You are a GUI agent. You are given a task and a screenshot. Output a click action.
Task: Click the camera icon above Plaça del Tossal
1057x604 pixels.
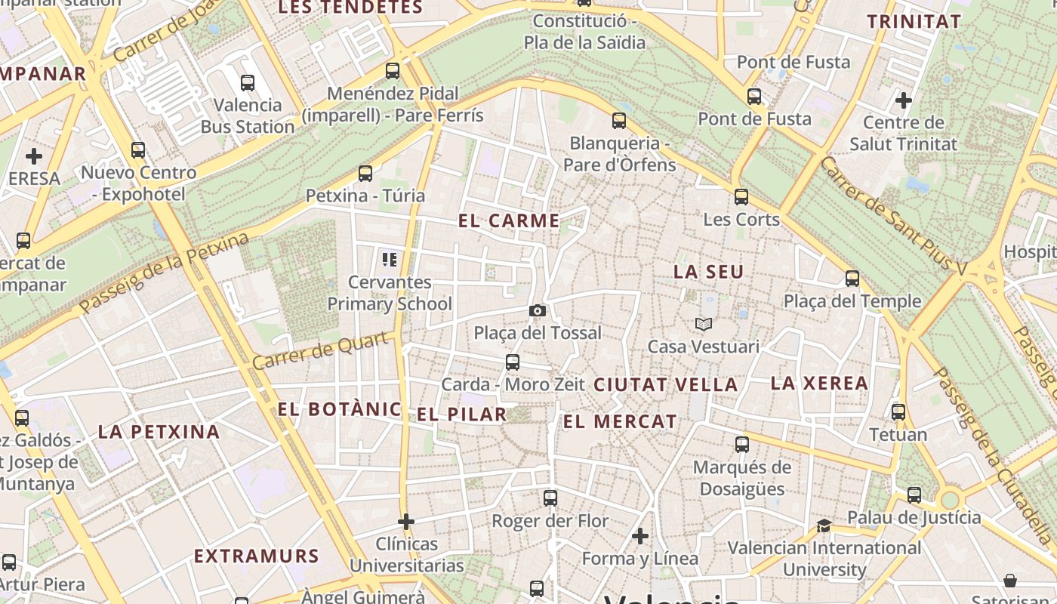[x=538, y=310]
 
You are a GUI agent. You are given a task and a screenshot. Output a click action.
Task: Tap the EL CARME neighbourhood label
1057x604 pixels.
[x=510, y=221]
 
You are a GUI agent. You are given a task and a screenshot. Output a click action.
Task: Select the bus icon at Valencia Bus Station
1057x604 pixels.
[x=248, y=83]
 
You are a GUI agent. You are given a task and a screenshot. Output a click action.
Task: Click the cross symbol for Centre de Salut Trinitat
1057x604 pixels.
[x=903, y=100]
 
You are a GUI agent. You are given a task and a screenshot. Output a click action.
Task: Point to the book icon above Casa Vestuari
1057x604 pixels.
[x=704, y=324]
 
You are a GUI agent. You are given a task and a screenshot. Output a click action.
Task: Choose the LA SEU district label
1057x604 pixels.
[x=708, y=272]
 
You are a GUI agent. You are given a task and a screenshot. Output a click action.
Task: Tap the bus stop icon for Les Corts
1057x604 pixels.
[x=741, y=197]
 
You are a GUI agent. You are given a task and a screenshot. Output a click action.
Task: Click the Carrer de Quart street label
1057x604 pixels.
[x=322, y=351]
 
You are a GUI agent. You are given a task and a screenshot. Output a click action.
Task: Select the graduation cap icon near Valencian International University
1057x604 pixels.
[x=824, y=525]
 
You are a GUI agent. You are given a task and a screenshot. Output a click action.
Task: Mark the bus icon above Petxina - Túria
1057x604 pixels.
[x=365, y=174]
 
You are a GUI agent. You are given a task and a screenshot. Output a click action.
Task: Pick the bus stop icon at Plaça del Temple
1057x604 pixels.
[x=852, y=279]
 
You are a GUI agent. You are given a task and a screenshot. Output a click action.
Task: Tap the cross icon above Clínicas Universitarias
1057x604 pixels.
[x=406, y=521]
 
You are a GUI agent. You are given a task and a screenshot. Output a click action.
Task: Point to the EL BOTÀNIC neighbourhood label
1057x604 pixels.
[x=339, y=409]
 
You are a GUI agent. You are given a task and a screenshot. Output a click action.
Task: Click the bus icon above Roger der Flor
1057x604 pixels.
[x=550, y=498]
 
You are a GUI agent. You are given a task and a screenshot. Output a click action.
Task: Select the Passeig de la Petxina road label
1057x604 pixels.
[x=164, y=273]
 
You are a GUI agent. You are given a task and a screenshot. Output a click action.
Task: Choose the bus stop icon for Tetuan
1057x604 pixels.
[x=898, y=412]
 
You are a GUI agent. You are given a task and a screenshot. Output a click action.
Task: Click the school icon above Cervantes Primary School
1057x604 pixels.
[x=390, y=260]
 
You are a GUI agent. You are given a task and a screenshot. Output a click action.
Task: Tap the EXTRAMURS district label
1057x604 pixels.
[x=257, y=556]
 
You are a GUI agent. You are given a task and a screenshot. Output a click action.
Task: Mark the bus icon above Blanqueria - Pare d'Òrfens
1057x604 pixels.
[x=619, y=121]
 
